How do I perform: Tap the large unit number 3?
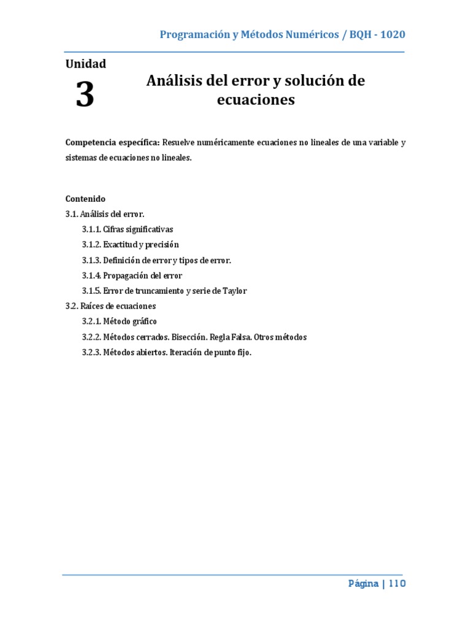pos(85,95)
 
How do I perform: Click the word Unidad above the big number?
pos(85,64)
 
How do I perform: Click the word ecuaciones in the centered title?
pos(256,99)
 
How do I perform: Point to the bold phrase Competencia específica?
pos(112,143)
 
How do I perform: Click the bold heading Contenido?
pos(85,199)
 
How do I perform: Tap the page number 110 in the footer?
pos(396,584)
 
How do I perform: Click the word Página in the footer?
pos(363,584)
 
